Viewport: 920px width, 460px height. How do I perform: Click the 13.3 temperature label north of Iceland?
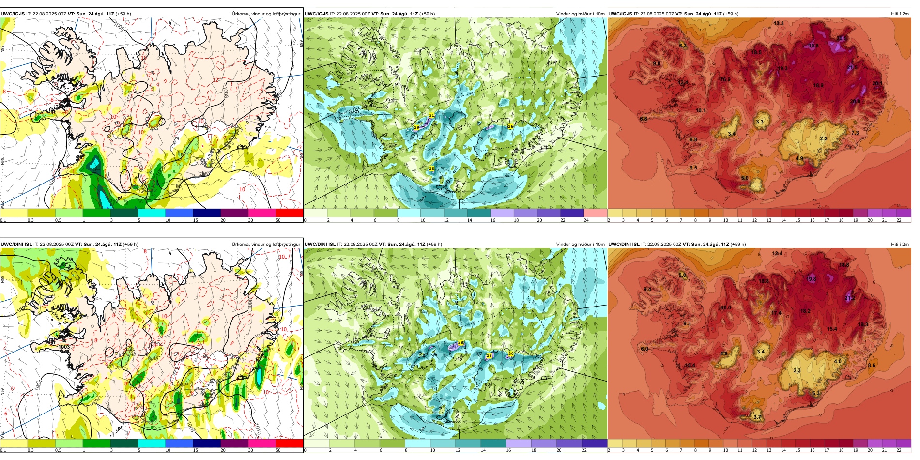(x=779, y=23)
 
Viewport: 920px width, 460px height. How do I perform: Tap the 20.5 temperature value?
(x=842, y=39)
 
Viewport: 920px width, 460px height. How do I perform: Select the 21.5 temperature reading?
(x=852, y=67)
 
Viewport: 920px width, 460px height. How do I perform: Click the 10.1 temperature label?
(x=701, y=110)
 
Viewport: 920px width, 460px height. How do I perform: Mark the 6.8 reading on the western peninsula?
(x=644, y=119)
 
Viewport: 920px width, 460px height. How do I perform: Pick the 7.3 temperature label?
(x=855, y=133)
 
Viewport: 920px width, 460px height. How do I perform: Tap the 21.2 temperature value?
(x=849, y=298)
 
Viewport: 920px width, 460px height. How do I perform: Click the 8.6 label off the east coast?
(x=872, y=365)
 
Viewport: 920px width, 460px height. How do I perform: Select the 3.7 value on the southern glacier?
(x=757, y=417)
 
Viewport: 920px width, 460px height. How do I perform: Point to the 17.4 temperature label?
(x=776, y=313)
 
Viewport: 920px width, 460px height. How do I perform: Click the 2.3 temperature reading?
(x=797, y=370)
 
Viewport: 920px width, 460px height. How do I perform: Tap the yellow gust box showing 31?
(x=431, y=115)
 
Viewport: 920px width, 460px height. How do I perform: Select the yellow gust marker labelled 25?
(x=431, y=169)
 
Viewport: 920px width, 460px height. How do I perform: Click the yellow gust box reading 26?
(x=510, y=126)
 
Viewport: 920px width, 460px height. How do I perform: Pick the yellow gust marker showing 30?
(x=510, y=353)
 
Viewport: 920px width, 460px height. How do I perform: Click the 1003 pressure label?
(x=64, y=347)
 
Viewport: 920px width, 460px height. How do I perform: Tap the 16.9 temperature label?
(x=725, y=79)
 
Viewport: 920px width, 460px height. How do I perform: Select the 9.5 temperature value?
(x=693, y=168)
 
